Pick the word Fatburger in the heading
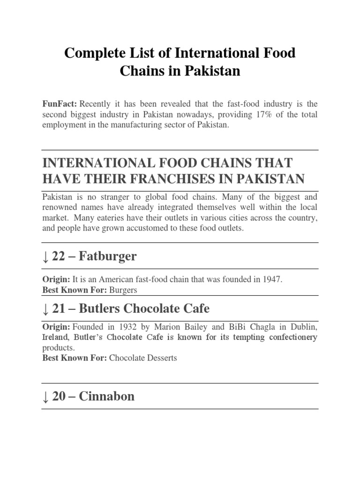(x=108, y=256)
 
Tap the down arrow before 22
(x=45, y=256)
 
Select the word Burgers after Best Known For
(x=123, y=290)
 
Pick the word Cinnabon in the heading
(x=106, y=396)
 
